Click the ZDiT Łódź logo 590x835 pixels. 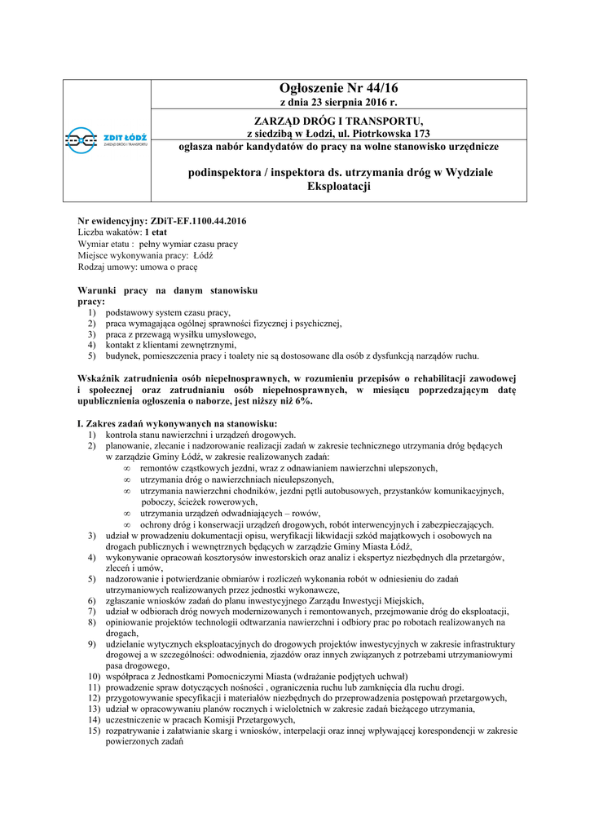(x=107, y=140)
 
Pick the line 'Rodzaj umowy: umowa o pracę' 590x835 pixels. (x=138, y=267)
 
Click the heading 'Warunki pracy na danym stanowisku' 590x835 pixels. (x=168, y=290)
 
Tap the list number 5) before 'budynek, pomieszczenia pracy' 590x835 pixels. (x=92, y=356)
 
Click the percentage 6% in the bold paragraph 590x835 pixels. (x=302, y=402)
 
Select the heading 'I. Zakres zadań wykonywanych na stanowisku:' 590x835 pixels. (x=177, y=424)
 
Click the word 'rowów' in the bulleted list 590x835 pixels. (x=306, y=513)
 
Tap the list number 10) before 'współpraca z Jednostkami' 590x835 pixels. (x=94, y=677)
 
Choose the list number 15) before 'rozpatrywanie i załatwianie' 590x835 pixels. (x=94, y=731)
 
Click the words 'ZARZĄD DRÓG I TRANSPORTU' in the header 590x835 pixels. (x=340, y=121)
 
